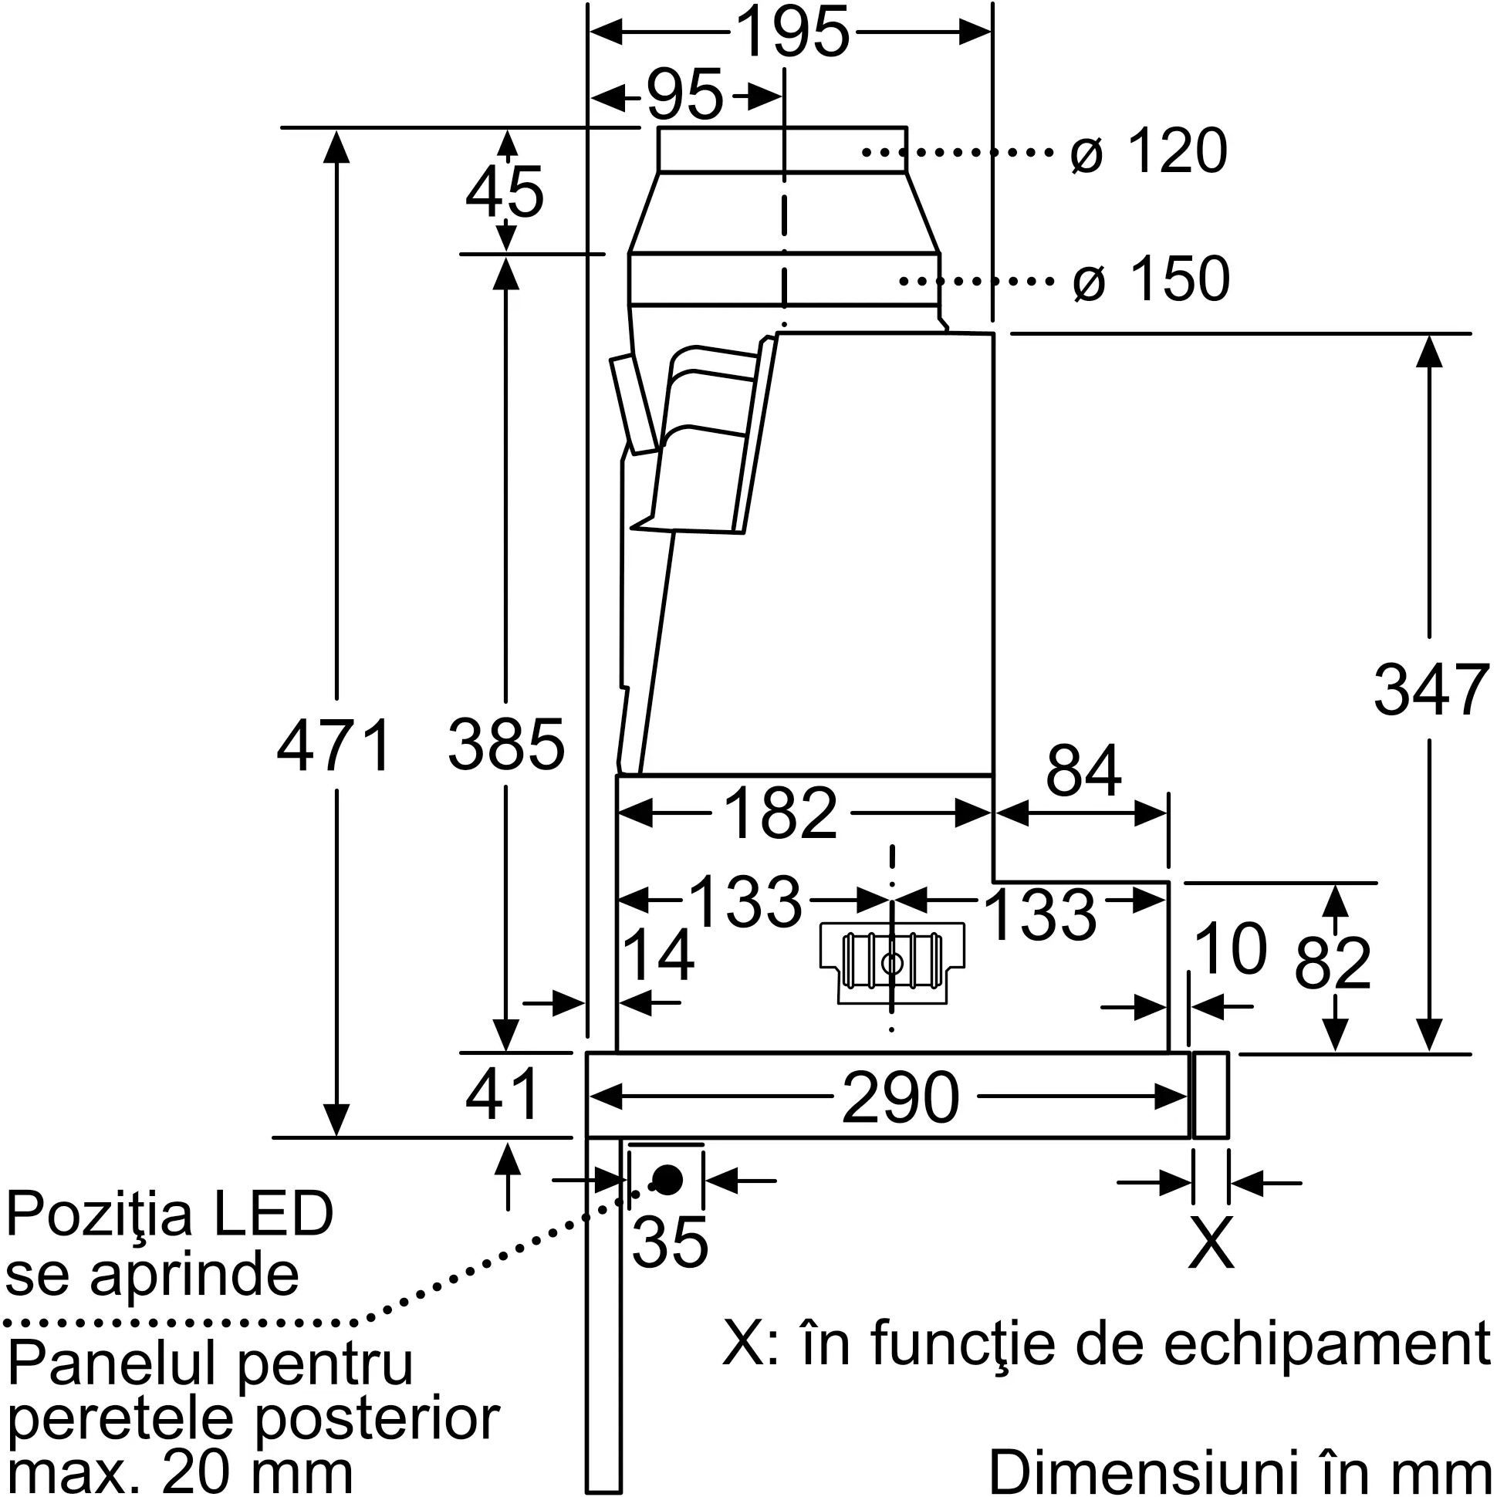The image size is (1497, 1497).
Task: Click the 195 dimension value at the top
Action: click(x=792, y=32)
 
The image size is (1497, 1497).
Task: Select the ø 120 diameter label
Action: click(x=1148, y=151)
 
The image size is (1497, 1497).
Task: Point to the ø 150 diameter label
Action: click(x=1151, y=279)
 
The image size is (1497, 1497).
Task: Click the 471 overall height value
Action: click(x=334, y=746)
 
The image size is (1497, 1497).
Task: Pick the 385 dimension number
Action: click(x=506, y=745)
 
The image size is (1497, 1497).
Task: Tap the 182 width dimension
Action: click(x=782, y=814)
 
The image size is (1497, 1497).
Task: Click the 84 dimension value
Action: click(x=1083, y=771)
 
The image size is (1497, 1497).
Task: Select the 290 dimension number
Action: click(x=900, y=1098)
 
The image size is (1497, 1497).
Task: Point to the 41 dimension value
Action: click(x=502, y=1095)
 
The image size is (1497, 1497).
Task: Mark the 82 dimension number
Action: click(x=1333, y=964)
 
